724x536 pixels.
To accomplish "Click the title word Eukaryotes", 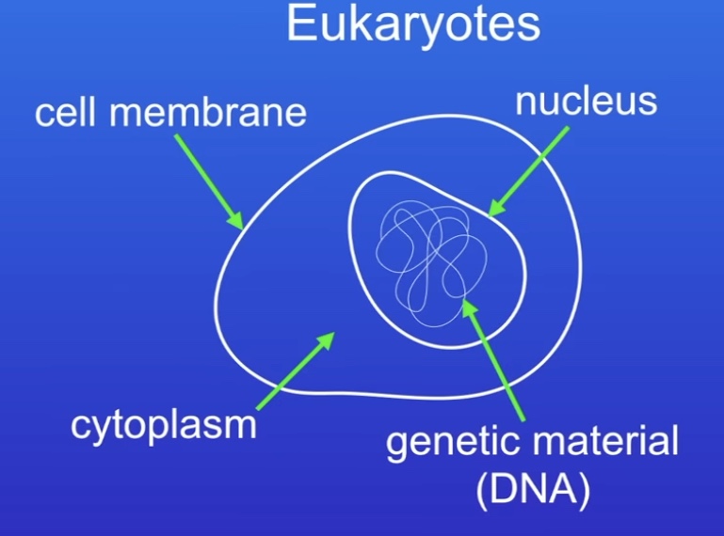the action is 414,25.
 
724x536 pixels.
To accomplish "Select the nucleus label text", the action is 585,101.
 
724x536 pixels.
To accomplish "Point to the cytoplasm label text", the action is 164,425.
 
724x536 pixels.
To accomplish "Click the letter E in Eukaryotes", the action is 300,24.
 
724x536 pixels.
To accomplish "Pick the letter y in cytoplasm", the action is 104,429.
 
